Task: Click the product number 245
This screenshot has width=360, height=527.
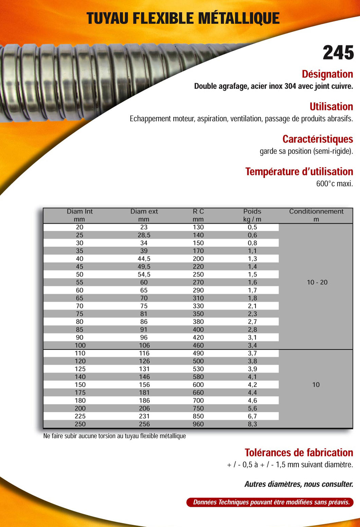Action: (338, 53)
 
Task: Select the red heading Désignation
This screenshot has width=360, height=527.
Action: (327, 74)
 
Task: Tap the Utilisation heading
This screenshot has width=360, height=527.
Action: (331, 107)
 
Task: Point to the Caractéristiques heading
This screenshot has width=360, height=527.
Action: (318, 139)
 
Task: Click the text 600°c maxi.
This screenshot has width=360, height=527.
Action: (335, 184)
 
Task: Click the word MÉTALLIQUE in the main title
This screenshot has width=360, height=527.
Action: (239, 18)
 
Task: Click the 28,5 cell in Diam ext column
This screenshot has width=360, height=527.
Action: (144, 235)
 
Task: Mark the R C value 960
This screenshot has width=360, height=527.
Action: (198, 424)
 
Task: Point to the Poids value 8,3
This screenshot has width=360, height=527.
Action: (252, 424)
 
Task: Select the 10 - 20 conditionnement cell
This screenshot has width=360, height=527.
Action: (317, 282)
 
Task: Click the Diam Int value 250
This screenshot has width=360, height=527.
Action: (80, 424)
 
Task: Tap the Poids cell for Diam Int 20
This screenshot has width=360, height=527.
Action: (252, 227)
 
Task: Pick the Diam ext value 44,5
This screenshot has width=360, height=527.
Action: (144, 259)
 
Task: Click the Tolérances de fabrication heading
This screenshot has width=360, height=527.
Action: (299, 453)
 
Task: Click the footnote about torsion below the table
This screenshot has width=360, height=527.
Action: (114, 436)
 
